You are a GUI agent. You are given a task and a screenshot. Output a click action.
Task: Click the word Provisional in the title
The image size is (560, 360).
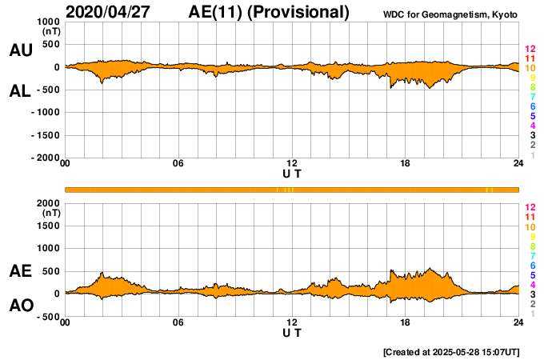tap(300, 12)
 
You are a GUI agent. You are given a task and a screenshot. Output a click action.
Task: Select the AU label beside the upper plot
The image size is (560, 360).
tap(20, 50)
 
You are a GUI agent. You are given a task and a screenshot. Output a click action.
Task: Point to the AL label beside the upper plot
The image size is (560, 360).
tap(20, 91)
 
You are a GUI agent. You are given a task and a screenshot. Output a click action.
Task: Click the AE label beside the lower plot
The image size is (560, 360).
tap(20, 272)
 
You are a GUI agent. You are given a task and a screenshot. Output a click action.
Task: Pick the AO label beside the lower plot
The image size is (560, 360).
tap(20, 306)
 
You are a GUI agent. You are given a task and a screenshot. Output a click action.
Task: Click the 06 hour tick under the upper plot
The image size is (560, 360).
tap(178, 165)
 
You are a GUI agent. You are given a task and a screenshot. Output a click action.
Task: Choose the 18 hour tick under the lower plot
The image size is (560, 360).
tap(406, 322)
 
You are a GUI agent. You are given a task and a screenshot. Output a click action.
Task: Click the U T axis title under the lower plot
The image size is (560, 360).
tap(292, 332)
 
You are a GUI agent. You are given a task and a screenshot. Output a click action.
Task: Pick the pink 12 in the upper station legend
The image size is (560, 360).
tap(530, 50)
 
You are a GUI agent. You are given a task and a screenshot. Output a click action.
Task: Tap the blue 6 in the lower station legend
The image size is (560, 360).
tap(532, 265)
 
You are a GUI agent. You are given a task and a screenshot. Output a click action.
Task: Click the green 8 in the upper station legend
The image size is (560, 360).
tap(532, 88)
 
